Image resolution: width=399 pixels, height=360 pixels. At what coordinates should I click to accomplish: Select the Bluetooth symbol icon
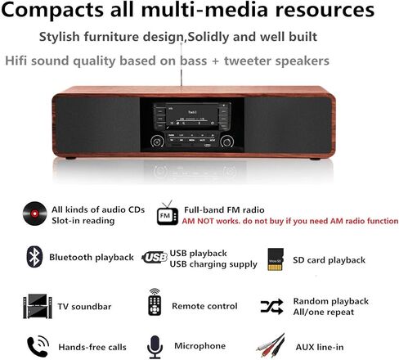34,257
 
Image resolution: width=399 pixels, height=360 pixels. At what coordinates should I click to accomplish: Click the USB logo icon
154,258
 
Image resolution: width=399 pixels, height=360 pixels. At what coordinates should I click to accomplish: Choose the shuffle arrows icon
272,306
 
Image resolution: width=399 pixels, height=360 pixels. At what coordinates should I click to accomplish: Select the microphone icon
154,346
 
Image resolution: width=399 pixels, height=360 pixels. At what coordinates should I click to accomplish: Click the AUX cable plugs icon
271,346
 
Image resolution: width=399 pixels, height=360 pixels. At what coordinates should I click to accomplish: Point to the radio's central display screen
194,117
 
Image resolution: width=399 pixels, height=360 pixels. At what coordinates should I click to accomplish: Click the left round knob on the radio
158,140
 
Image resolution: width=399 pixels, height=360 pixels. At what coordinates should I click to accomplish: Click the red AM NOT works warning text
290,221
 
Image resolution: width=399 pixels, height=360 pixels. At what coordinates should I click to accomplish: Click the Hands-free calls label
92,347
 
